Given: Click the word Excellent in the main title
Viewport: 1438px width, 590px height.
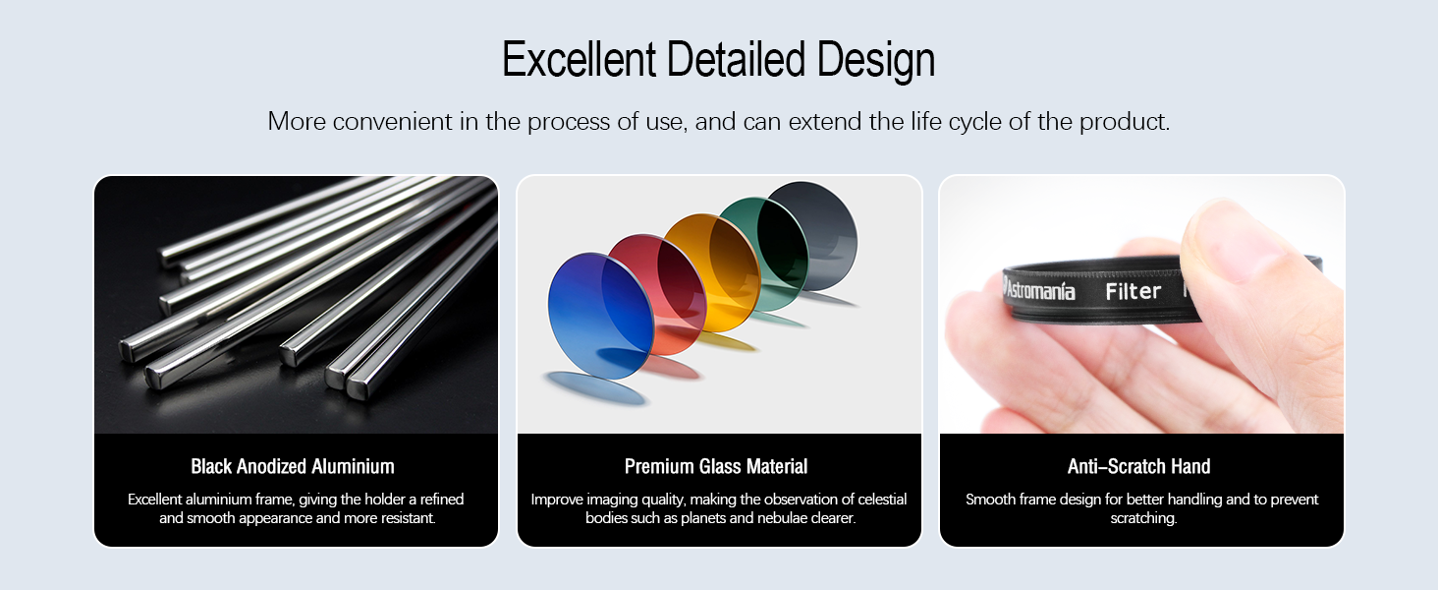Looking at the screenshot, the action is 579,59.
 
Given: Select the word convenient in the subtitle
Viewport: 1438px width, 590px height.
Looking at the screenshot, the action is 392,122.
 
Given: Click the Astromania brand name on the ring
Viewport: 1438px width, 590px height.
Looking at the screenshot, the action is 1039,290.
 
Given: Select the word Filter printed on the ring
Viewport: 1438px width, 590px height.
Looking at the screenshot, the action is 1134,292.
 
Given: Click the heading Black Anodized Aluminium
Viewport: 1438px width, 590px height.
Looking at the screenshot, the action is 293,467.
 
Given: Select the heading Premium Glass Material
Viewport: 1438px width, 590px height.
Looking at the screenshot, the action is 716,467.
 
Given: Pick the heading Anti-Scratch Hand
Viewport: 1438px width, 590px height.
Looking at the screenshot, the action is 1138,467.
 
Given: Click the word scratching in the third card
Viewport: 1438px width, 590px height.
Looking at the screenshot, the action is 1143,518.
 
